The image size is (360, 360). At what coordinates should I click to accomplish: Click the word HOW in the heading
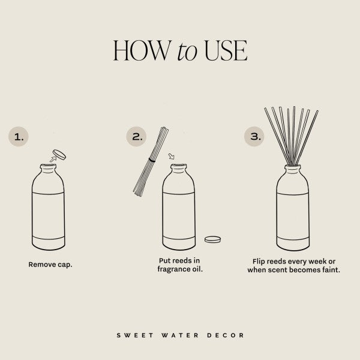point(140,52)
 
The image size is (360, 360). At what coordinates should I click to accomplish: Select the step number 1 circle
point(20,137)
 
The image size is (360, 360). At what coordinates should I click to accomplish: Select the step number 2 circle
point(137,137)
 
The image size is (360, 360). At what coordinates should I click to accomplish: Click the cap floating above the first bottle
point(59,154)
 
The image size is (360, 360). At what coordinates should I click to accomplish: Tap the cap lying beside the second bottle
point(212,239)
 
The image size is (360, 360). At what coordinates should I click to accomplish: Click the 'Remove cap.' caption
point(50,264)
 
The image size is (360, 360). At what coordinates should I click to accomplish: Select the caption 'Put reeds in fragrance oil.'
point(178,265)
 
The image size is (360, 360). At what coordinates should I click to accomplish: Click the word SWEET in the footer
point(133,335)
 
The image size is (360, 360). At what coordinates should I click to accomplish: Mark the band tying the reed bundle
point(153,161)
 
